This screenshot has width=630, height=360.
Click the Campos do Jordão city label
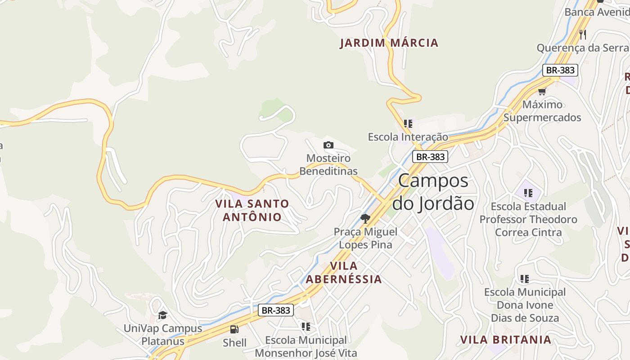(433, 192)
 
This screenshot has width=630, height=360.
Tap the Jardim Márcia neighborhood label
(389, 43)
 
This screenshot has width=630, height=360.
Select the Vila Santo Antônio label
(252, 210)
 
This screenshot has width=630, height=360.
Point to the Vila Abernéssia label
(344, 272)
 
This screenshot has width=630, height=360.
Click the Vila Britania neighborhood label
(505, 340)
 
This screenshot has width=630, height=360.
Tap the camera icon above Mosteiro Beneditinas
(328, 145)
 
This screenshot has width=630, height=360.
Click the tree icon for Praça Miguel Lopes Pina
(365, 219)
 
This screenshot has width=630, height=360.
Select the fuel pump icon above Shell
(234, 329)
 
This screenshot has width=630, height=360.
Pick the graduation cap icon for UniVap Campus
(162, 315)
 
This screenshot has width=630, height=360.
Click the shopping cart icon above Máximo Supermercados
(542, 91)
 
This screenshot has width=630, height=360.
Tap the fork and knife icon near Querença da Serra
(583, 34)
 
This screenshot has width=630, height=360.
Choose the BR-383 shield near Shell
(276, 310)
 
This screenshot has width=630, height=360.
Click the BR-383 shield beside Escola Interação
(430, 157)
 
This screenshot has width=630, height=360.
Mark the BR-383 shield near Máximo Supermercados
(560, 70)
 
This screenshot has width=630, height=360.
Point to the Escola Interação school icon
(408, 123)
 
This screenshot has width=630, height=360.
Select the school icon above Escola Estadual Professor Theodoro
(528, 193)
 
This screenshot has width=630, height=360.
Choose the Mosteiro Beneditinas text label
(328, 165)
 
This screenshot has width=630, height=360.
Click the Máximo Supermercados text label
(542, 111)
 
